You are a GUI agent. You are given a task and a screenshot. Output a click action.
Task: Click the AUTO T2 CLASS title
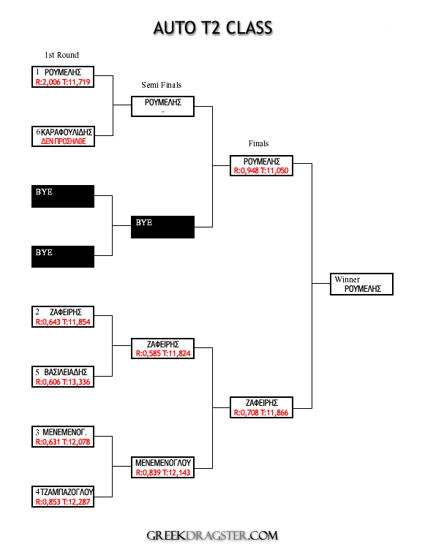tap(213, 28)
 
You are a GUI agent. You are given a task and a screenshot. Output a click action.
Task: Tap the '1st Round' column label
tap(61, 55)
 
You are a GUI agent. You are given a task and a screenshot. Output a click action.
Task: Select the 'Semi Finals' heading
tap(162, 85)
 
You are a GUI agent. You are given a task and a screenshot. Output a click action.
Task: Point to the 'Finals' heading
tap(259, 143)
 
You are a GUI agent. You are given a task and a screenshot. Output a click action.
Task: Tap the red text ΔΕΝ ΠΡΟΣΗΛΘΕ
tap(64, 141)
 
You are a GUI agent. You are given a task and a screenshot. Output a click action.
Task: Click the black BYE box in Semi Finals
tap(162, 227)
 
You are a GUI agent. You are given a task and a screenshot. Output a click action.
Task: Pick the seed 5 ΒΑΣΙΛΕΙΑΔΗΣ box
tap(63, 377)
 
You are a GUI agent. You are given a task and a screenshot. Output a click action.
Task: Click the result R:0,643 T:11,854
tap(63, 322)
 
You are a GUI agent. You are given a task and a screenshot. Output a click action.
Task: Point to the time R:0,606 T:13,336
tap(63, 382)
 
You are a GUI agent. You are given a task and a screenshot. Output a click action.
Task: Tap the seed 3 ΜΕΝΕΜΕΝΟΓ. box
tap(63, 437)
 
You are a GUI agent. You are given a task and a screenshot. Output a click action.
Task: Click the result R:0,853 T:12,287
tap(63, 502)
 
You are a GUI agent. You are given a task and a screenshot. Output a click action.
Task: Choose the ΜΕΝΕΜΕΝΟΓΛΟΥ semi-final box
tap(163, 467)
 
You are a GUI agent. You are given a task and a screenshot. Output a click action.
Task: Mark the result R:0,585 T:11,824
tap(163, 353)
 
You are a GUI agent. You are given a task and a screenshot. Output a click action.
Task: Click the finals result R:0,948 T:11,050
tap(261, 171)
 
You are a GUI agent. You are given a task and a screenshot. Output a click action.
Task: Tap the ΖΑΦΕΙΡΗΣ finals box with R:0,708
tap(261, 407)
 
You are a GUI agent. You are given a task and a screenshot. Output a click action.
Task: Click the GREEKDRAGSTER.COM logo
tap(212, 535)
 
